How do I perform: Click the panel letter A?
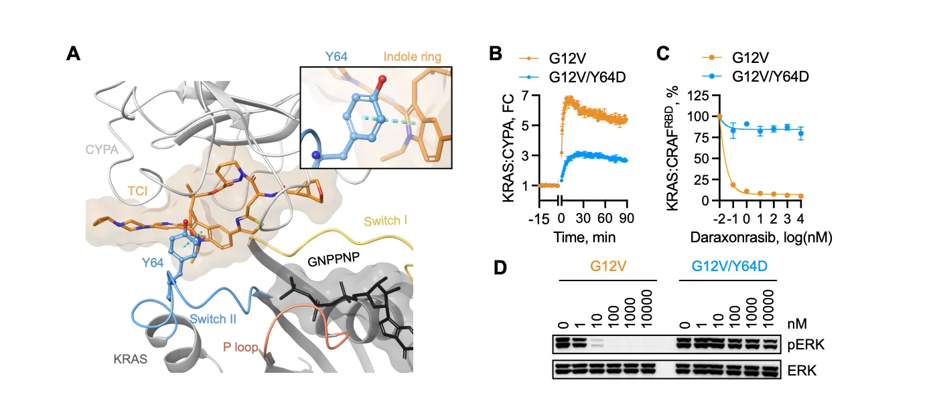point(74,54)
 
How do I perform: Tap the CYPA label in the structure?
point(102,149)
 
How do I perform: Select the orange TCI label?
point(137,191)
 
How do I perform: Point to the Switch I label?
point(385,221)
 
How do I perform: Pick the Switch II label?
point(213,319)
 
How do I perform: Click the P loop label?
point(240,347)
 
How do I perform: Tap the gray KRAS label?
point(131,359)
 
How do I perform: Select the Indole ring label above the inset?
point(413,56)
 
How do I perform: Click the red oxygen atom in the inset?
point(382,79)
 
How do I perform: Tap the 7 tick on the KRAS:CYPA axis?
point(525,96)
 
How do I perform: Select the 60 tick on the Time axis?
point(605,218)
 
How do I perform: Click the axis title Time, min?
point(584,238)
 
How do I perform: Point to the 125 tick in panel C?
point(698,96)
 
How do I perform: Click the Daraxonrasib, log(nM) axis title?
point(762,238)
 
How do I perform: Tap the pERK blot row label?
point(806,345)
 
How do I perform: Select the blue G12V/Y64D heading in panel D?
point(729,266)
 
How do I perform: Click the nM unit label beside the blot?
point(797,324)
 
